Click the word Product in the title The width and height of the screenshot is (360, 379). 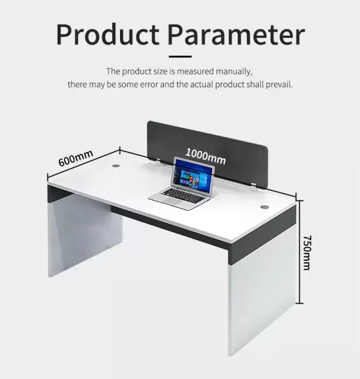click(107, 34)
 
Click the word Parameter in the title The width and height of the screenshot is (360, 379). click(236, 34)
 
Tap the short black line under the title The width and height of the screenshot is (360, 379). click(180, 56)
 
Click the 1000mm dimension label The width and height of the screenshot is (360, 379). click(206, 156)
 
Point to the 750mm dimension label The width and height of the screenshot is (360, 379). click(307, 253)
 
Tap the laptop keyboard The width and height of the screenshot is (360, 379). click(183, 195)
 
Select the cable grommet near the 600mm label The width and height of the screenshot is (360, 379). click(116, 166)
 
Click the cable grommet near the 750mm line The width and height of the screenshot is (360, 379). click(265, 207)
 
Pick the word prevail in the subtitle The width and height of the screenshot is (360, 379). click(279, 85)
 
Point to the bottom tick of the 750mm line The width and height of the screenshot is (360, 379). click(299, 303)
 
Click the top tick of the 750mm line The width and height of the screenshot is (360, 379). click(299, 201)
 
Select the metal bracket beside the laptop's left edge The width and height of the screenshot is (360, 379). click(158, 162)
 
